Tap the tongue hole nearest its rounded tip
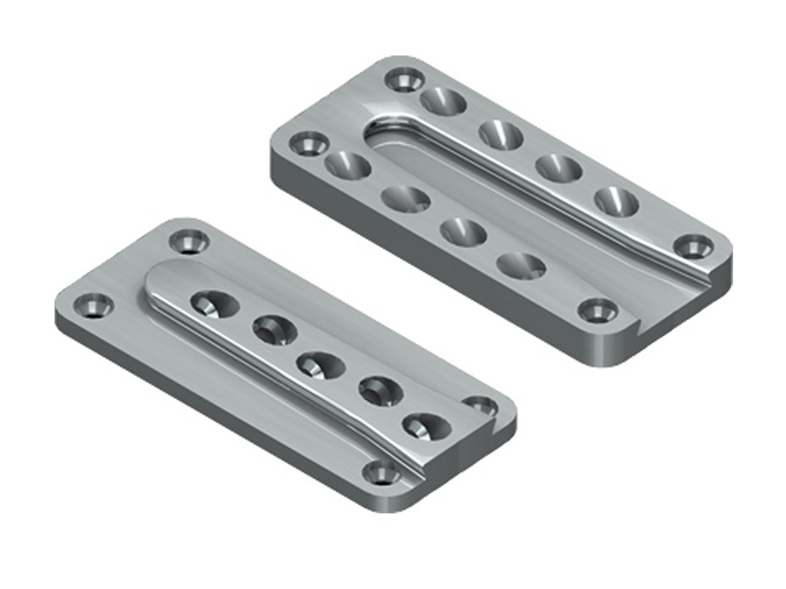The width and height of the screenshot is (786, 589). pyautogui.click(x=211, y=303)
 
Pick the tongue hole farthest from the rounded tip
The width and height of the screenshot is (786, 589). pyautogui.click(x=425, y=424)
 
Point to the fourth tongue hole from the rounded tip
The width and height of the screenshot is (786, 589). pyautogui.click(x=379, y=390)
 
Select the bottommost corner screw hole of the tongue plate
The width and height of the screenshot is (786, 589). pyautogui.click(x=382, y=474)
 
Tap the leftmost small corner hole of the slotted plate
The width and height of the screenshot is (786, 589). pyautogui.click(x=308, y=143)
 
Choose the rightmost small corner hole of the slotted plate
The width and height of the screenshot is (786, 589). pyautogui.click(x=693, y=247)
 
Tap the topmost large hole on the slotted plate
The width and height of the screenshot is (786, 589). pyautogui.click(x=443, y=102)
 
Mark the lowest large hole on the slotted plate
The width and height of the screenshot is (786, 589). pyautogui.click(x=521, y=265)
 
